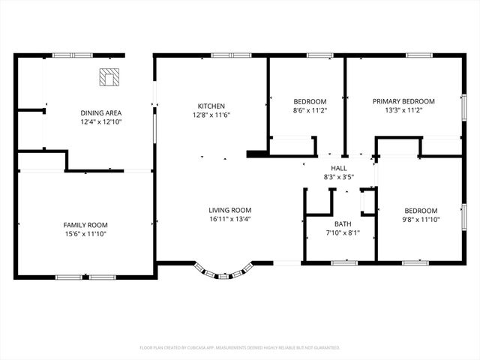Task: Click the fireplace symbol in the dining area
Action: click(109, 76)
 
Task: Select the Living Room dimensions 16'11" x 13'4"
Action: click(229, 220)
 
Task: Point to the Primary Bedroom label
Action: click(405, 101)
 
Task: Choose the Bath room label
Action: click(343, 223)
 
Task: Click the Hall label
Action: click(338, 168)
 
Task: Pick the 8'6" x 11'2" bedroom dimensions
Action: click(310, 110)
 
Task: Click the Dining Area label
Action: click(100, 112)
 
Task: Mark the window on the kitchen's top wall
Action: click(222, 55)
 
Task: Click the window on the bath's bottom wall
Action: click(344, 262)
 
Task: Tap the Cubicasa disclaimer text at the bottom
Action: click(240, 347)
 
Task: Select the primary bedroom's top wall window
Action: click(418, 55)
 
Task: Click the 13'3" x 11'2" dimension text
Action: click(405, 110)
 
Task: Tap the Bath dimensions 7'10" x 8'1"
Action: click(343, 232)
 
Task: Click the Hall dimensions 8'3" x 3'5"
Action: click(338, 177)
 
